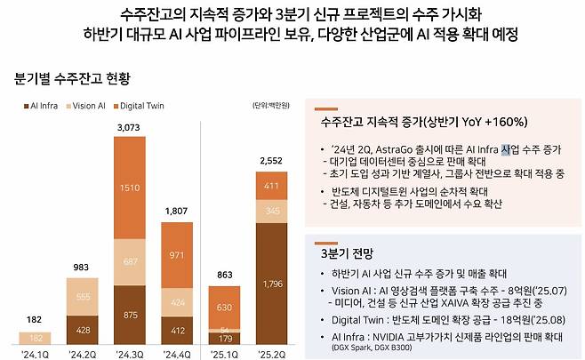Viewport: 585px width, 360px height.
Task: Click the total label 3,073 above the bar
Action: [131, 128]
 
